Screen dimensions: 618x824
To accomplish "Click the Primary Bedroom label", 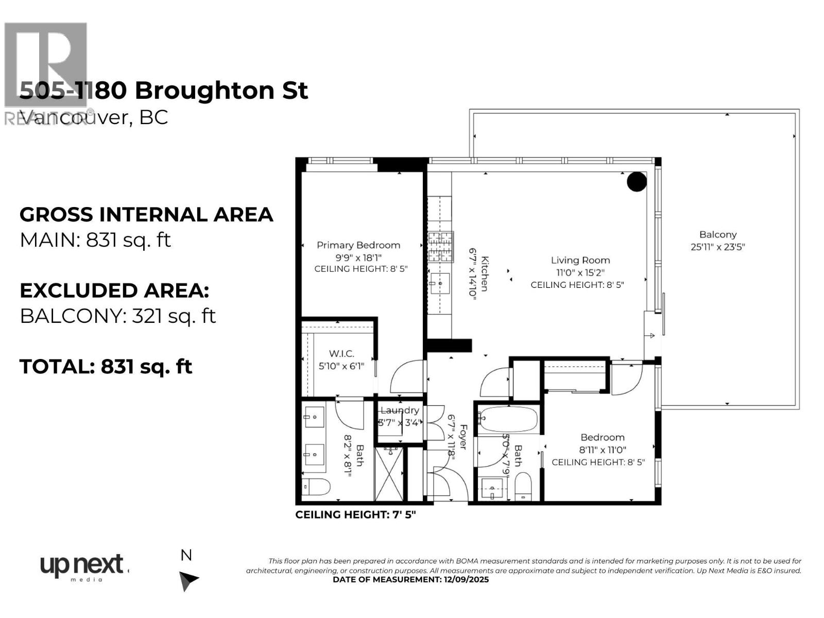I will [x=358, y=245].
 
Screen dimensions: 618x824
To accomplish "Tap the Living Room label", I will [x=580, y=261].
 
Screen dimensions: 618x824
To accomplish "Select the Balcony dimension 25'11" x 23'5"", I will [x=717, y=247].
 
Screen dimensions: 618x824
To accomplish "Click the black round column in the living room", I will [x=637, y=181].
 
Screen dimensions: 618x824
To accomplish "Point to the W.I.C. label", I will [x=341, y=354].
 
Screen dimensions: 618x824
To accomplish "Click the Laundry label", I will [x=400, y=410].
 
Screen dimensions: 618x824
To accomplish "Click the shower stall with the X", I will [x=390, y=474].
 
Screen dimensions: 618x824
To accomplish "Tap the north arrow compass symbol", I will [x=188, y=580].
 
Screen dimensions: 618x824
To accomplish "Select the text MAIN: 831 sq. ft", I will [x=95, y=240].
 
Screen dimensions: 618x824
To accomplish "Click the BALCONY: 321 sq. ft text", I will [x=117, y=316].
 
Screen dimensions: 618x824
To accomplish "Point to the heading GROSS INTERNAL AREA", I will [x=146, y=215].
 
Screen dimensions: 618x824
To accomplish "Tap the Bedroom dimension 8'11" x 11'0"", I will [x=603, y=450].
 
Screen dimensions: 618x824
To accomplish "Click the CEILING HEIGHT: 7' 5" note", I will [x=355, y=514].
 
